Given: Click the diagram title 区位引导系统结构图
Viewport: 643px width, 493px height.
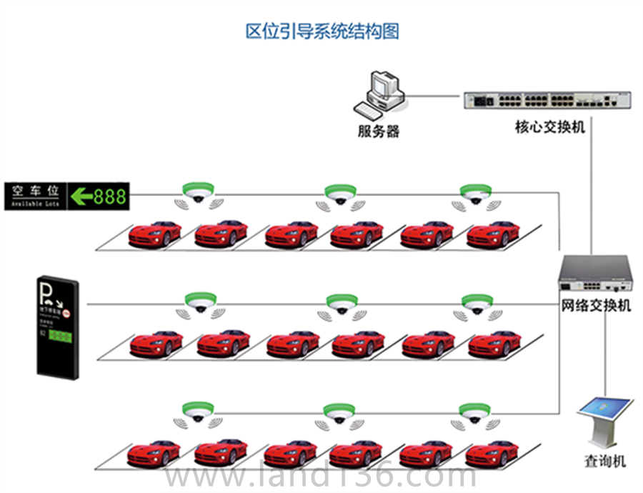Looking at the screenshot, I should pos(321,31).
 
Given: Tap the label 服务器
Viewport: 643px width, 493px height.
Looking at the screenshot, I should pos(379,131).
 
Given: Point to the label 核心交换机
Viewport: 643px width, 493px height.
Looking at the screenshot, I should pos(550,127).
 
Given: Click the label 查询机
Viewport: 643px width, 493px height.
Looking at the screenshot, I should pos(604,461).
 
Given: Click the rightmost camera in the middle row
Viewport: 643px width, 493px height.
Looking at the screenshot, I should pos(477,304).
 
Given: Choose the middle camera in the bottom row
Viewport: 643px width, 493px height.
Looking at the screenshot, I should pos(339,413).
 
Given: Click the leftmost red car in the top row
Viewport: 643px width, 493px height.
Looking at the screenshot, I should pos(154,234).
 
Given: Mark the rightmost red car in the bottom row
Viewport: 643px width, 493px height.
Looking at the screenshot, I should pos(493,452).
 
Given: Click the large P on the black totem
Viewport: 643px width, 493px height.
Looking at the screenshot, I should pos(46,289).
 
